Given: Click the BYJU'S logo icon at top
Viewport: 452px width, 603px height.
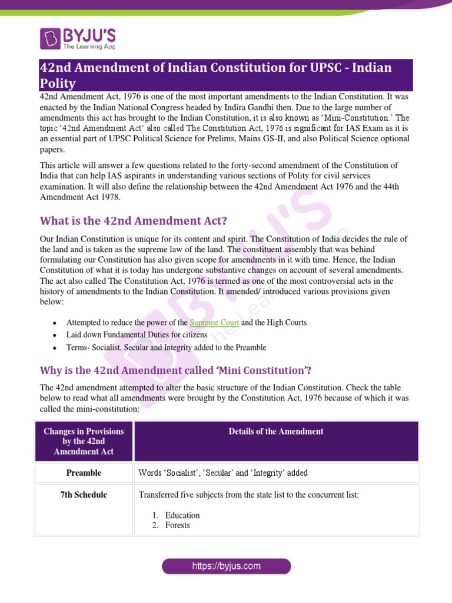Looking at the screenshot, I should click(x=51, y=38).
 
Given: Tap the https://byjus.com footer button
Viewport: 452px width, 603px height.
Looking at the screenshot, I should click(x=226, y=566).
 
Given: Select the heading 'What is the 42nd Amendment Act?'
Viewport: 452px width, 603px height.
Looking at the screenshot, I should click(x=133, y=221).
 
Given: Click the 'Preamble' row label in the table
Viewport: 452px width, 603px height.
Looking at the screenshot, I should click(x=84, y=473).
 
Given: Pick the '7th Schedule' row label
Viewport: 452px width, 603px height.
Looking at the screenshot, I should click(x=84, y=495).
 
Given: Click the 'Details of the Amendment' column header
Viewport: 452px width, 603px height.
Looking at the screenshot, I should click(x=276, y=432).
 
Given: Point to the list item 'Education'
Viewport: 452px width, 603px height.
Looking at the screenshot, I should click(x=182, y=515).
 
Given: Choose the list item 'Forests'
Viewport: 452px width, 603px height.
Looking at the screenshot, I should click(x=178, y=525).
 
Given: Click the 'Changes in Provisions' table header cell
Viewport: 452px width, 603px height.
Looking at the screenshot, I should click(x=84, y=442).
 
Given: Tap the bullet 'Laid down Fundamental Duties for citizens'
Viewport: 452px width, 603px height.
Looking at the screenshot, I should click(x=137, y=335).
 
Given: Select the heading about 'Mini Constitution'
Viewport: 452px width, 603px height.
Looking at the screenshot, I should click(x=175, y=370).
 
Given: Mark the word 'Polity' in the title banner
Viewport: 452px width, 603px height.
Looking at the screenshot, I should click(x=58, y=84).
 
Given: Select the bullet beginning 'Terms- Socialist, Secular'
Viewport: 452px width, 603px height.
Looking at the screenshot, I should click(x=166, y=347).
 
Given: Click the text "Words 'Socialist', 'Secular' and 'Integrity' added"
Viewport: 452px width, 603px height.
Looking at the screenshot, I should click(x=223, y=473).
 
